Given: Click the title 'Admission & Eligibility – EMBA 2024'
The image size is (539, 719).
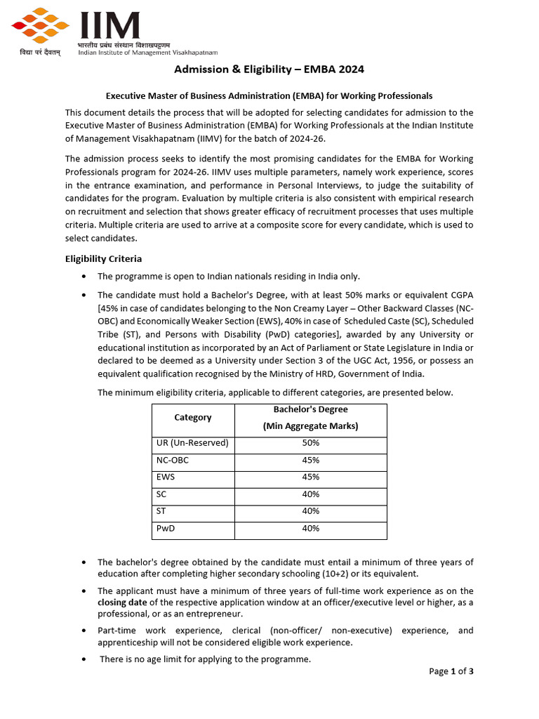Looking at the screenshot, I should coord(269,70).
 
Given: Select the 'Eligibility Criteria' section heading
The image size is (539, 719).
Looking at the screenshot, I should coord(103,258).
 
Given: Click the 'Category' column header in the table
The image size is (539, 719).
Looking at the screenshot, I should coord(193,417).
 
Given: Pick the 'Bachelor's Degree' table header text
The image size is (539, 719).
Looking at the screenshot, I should coord(310,409).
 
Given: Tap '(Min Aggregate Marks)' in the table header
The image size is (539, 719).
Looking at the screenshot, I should coord(310,426).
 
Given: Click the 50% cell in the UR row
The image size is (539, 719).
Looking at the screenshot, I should coord(310,443).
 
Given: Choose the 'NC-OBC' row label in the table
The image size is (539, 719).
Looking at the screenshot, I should coord(172,460).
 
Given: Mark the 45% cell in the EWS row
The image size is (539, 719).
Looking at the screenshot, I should coord(310,477).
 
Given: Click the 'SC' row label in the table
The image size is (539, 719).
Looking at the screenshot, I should coord(161,494).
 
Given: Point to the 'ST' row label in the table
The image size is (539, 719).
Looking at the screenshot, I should coord(161,511).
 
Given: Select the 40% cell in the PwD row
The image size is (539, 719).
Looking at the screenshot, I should coord(310,528).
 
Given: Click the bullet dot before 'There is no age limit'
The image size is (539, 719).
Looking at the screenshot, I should coord(85,660).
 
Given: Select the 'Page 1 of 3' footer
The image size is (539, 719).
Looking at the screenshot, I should coord(451,671).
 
